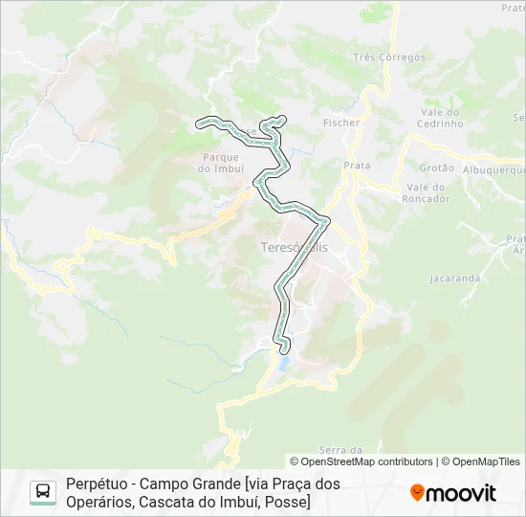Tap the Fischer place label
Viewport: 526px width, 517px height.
pyautogui.click(x=341, y=123)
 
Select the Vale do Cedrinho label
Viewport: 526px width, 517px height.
pyautogui.click(x=441, y=118)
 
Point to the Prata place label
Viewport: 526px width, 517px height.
pyautogui.click(x=357, y=166)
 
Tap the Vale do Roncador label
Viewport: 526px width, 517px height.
pyautogui.click(x=427, y=192)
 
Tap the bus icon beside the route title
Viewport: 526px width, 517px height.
pyautogui.click(x=43, y=492)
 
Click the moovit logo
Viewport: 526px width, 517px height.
pyautogui.click(x=453, y=493)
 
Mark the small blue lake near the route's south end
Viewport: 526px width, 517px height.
pyautogui.click(x=283, y=364)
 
